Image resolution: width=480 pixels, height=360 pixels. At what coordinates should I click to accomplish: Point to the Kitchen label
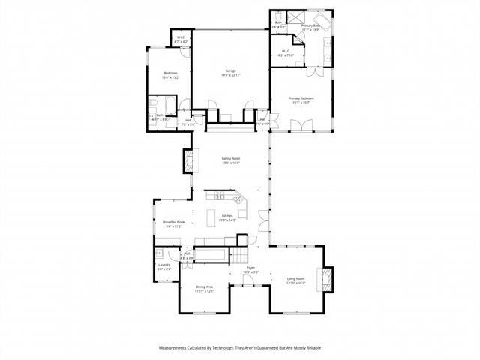tap(228, 218)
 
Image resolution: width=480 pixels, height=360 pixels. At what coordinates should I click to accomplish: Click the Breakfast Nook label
tap(174, 223)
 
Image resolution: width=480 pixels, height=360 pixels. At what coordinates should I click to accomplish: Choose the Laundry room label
tap(164, 266)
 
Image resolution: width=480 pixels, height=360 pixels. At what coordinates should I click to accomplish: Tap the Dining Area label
tap(205, 288)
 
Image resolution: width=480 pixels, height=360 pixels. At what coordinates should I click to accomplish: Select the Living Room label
tap(296, 281)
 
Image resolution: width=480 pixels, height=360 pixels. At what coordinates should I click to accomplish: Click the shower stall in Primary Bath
tap(294, 16)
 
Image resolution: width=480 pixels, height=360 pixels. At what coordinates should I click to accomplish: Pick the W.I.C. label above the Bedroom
tap(181, 40)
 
